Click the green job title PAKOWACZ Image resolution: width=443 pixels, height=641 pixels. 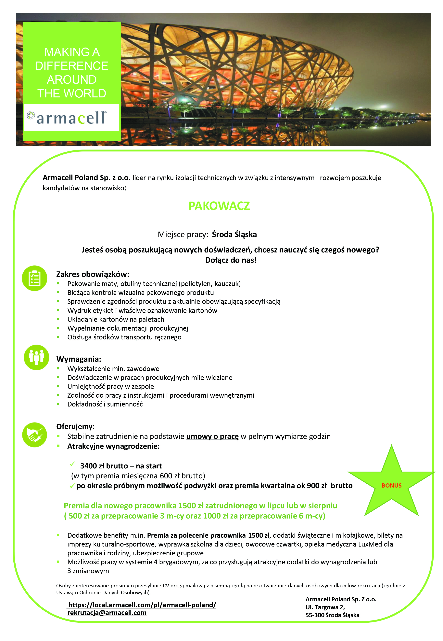tap(219, 206)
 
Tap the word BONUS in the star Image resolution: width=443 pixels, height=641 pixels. tap(391, 485)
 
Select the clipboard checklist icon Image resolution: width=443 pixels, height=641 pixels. tap(35, 278)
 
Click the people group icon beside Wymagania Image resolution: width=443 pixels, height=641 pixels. tap(36, 357)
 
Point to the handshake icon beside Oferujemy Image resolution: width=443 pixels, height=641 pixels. tap(35, 435)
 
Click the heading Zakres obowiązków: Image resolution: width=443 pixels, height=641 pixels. tap(93, 274)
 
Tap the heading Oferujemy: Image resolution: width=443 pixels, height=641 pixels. tap(75, 426)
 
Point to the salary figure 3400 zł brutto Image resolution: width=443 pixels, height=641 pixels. tap(104, 466)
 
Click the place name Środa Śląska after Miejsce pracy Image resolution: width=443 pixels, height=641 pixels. tap(234, 234)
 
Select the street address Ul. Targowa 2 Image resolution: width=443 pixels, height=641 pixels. tap(325, 607)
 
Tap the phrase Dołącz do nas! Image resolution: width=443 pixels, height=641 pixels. tap(231, 260)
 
